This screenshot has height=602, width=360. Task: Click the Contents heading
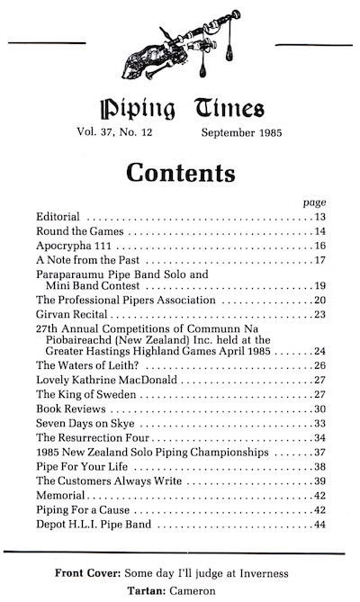[180, 170]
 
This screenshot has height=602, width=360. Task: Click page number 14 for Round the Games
[319, 233]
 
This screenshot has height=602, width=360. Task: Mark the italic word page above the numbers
[314, 202]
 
